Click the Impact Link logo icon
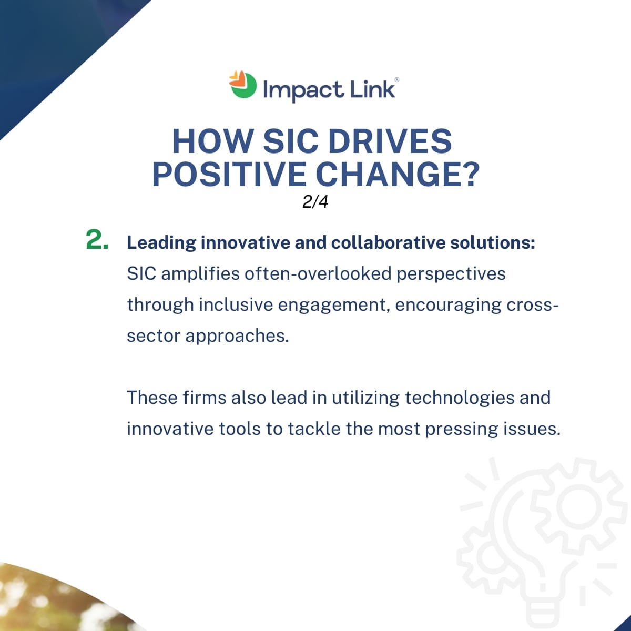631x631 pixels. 242,85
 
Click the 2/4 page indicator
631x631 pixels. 315,202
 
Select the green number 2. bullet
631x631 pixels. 97,239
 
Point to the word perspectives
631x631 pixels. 451,274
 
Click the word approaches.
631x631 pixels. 237,337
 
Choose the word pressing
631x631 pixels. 461,429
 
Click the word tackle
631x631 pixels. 314,429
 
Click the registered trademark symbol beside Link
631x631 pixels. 397,79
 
